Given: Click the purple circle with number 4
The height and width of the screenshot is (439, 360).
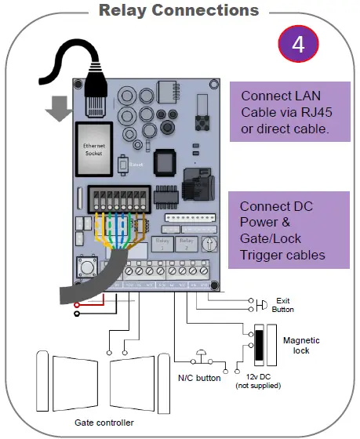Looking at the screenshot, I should [x=298, y=45].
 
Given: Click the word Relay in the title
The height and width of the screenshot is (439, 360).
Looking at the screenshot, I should [x=125, y=10].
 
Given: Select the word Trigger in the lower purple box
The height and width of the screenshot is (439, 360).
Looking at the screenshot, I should [x=264, y=255].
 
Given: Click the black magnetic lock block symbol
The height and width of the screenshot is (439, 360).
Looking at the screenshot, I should [x=256, y=343].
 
